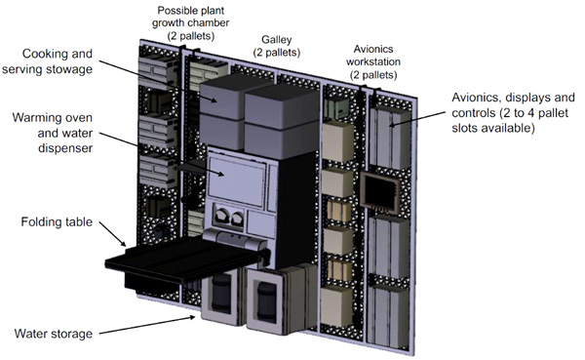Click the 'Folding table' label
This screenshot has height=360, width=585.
pos(57,221)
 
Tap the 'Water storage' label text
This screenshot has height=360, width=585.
pos(54,334)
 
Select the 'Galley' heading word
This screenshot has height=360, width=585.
pos(277,40)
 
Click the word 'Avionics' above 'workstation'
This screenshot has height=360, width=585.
pos(373,49)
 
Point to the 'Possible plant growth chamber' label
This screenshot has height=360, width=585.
pos(190,22)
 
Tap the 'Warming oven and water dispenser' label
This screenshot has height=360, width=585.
pos(53,133)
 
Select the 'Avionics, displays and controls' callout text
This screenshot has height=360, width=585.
pos(513,112)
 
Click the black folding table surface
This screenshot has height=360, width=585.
pos(179,260)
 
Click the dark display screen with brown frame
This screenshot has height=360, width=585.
pos(380,193)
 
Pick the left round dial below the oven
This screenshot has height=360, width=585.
pos(221,218)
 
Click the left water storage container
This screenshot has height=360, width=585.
pos(220,296)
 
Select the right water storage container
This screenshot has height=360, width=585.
pos(268,300)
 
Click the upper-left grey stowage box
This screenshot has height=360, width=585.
pos(221,98)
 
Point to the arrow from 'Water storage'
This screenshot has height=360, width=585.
pos(147,325)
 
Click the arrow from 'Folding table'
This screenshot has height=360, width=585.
pos(113,234)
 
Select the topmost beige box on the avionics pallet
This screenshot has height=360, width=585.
pos(338,140)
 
